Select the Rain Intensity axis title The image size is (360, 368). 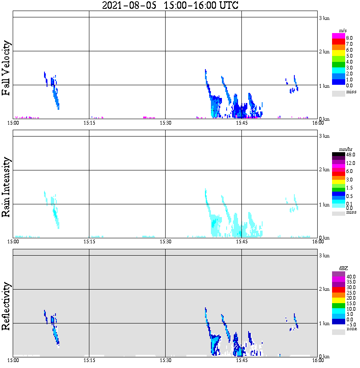(6, 187)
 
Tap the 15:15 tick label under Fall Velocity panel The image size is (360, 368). (89, 123)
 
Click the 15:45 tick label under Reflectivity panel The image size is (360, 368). (241, 360)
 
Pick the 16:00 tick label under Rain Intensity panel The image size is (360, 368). (318, 242)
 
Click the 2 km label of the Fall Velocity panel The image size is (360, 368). (324, 52)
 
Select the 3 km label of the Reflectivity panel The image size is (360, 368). (324, 255)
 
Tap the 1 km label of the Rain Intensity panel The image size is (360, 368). (324, 204)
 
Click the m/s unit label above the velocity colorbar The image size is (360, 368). (343, 31)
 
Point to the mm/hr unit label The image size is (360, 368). (343, 150)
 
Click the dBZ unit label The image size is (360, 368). (343, 268)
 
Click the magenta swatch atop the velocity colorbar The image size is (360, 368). (338, 36)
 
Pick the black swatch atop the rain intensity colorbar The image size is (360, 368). (338, 154)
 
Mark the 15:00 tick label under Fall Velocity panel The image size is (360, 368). (14, 123)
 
